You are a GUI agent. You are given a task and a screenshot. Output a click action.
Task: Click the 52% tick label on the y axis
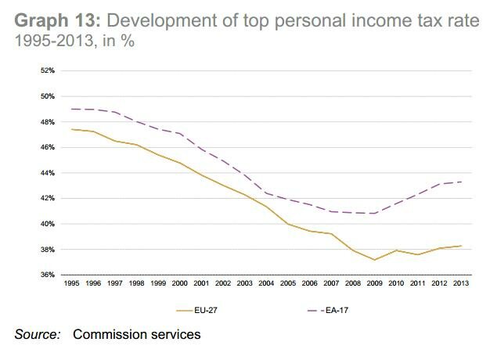47,71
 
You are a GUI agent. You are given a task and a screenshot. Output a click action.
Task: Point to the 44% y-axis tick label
47,173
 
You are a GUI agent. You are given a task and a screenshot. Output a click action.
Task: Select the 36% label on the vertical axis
47,275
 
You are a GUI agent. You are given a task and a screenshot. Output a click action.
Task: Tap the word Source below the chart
38,335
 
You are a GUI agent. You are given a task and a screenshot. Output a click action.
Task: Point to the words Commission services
137,335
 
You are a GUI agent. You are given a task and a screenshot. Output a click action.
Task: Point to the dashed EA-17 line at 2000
180,134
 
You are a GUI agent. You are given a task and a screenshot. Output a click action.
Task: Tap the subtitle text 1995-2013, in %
74,41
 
